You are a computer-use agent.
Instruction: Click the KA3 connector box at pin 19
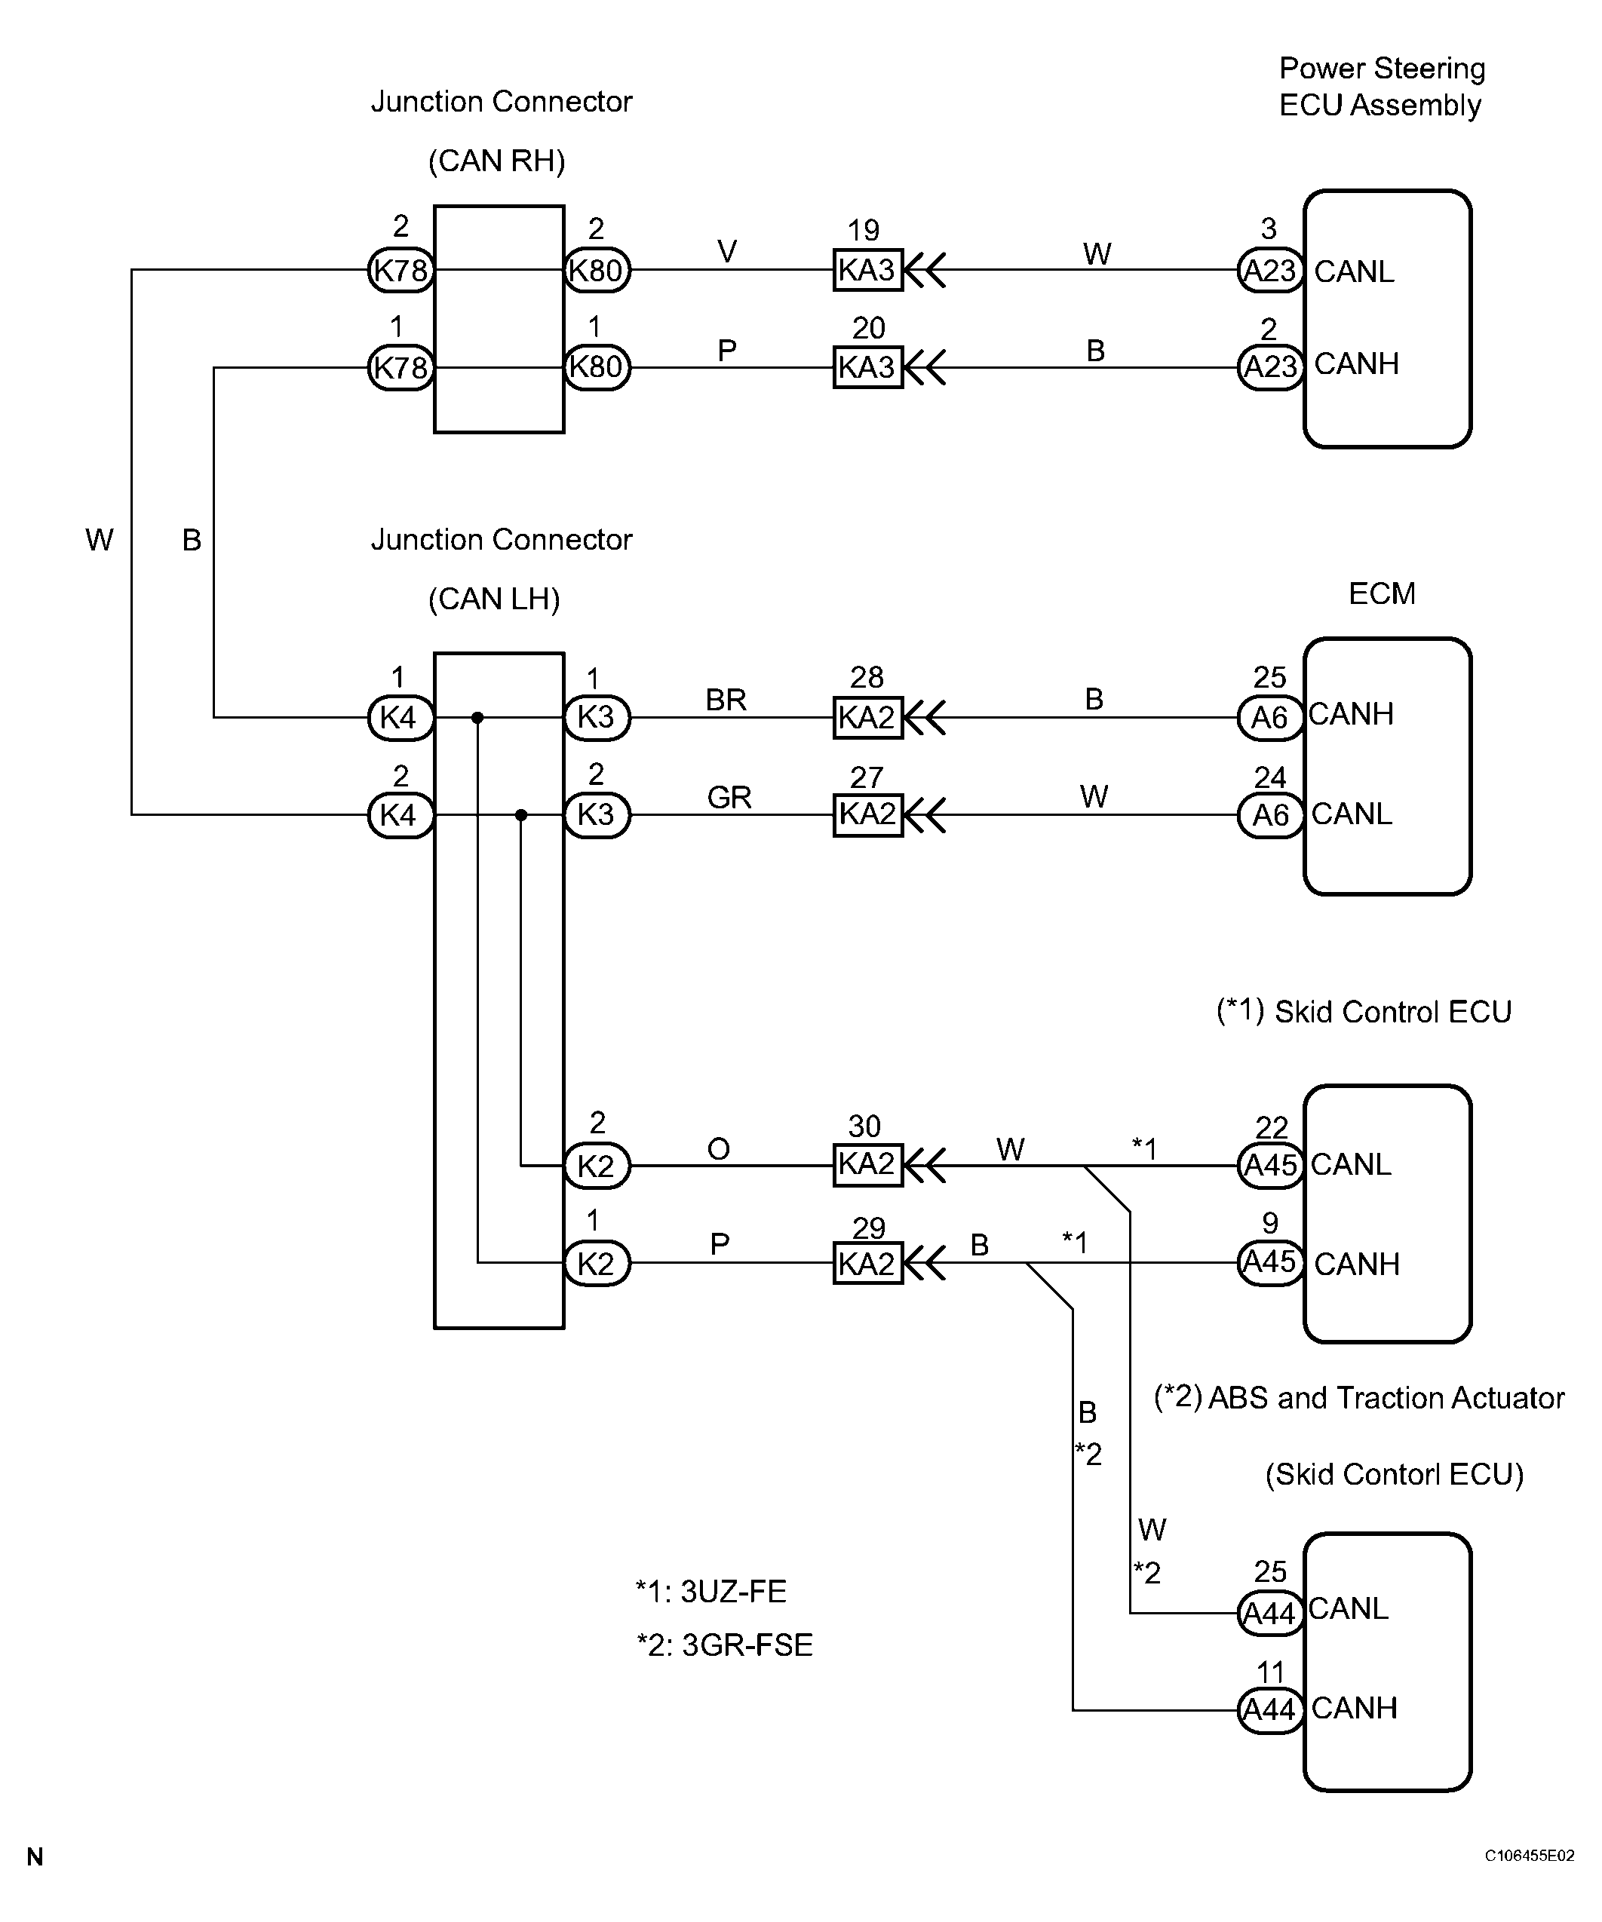click(x=867, y=270)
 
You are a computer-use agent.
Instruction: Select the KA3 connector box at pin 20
click(x=867, y=367)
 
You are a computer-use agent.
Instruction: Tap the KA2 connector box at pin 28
click(x=867, y=718)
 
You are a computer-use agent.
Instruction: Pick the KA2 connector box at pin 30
click(x=867, y=1165)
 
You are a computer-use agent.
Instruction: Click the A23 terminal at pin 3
click(x=1269, y=270)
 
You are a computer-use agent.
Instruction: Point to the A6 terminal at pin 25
click(x=1269, y=718)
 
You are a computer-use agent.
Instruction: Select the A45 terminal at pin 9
click(x=1269, y=1263)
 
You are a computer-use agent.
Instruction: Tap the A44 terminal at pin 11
click(x=1269, y=1709)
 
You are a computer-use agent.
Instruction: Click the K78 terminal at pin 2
click(x=400, y=270)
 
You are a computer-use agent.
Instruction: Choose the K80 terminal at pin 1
click(x=596, y=367)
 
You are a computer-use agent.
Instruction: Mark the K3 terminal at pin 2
click(x=596, y=814)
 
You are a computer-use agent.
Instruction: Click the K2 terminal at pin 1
click(x=596, y=1263)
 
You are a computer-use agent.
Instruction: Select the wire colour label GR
click(x=729, y=798)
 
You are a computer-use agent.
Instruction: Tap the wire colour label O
click(x=719, y=1148)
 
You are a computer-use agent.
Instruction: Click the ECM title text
click(x=1381, y=594)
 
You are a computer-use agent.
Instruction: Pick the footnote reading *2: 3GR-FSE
click(x=724, y=1645)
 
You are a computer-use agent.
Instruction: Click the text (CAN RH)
click(x=496, y=161)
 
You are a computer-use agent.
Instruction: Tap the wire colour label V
click(x=727, y=252)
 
